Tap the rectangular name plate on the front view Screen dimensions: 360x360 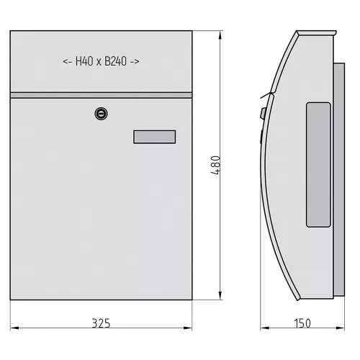[x=154, y=137]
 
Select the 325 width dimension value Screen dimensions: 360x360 [x=102, y=323]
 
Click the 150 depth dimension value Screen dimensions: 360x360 [x=302, y=323]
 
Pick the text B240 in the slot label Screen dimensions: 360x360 [x=116, y=62]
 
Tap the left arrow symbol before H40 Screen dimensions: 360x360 [x=67, y=62]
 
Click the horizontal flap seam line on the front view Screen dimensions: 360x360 [x=101, y=94]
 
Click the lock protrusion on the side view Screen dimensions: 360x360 [x=262, y=113]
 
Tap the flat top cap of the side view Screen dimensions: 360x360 [x=317, y=33]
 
